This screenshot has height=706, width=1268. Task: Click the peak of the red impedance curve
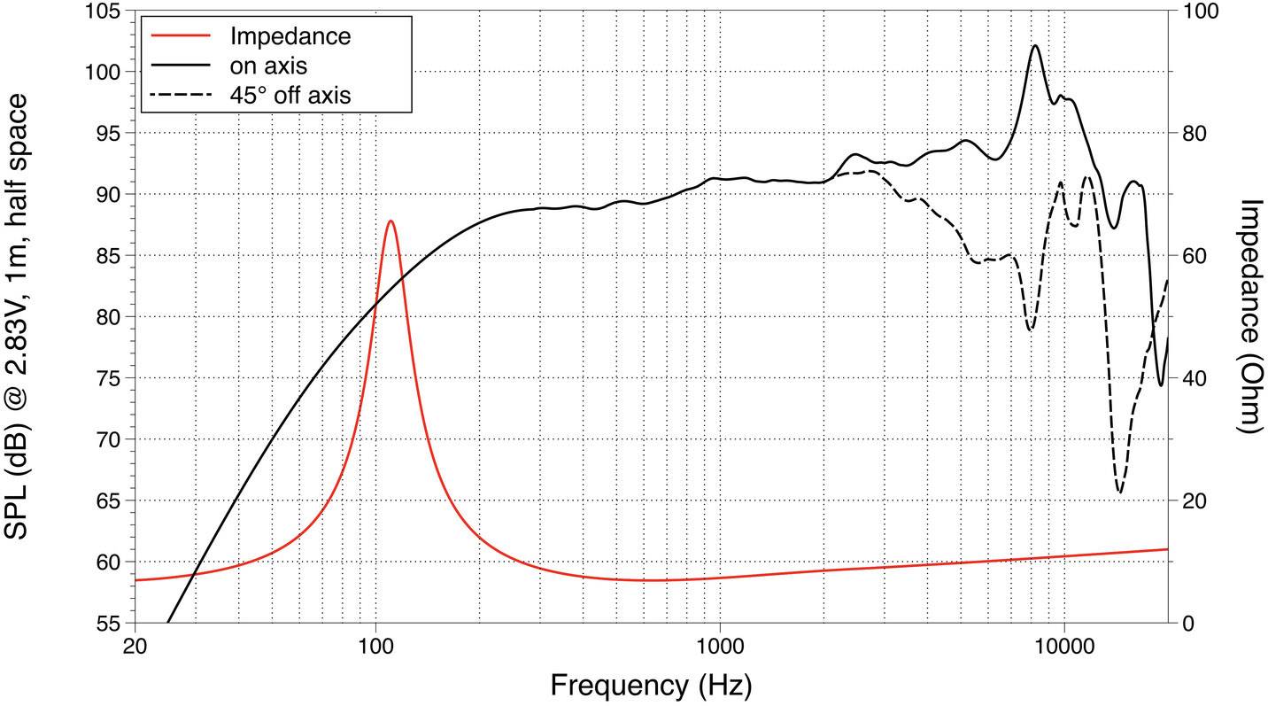point(390,221)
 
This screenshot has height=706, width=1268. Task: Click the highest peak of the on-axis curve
point(1035,46)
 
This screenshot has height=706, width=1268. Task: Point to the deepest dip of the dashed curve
point(1120,493)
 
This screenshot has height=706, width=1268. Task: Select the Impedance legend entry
point(290,36)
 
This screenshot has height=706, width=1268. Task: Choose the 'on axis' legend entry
point(267,66)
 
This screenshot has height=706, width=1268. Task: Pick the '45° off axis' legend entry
point(290,95)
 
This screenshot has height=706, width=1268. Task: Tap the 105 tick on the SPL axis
point(110,12)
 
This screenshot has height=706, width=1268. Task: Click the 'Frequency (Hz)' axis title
point(651,685)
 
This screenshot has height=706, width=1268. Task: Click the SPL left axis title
point(23,316)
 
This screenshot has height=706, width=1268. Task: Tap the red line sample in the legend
point(182,36)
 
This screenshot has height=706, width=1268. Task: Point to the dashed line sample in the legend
point(182,95)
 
